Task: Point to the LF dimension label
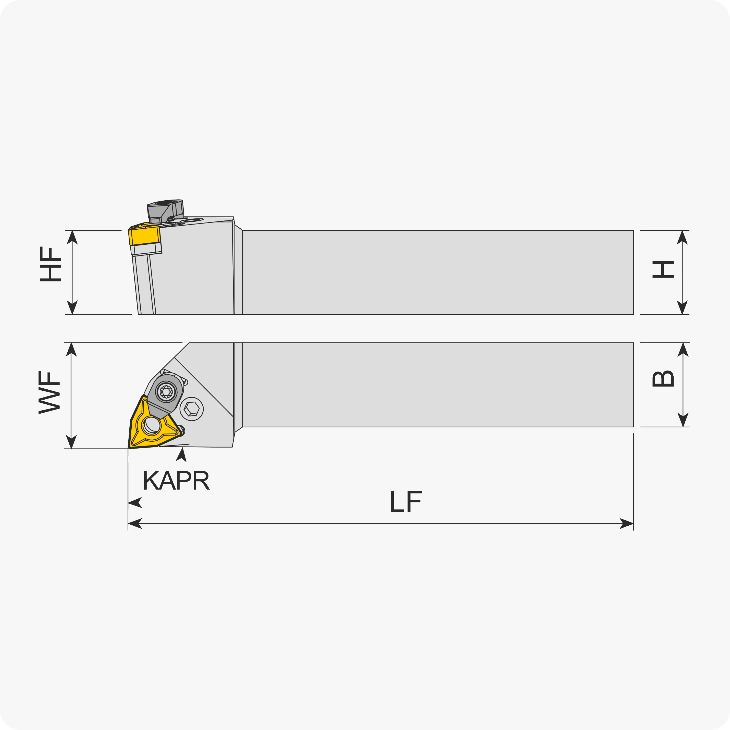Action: click(x=405, y=501)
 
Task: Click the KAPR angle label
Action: click(x=176, y=481)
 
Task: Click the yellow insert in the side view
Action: click(x=145, y=236)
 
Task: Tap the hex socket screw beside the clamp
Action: click(x=192, y=409)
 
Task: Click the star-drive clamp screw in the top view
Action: click(x=166, y=391)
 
